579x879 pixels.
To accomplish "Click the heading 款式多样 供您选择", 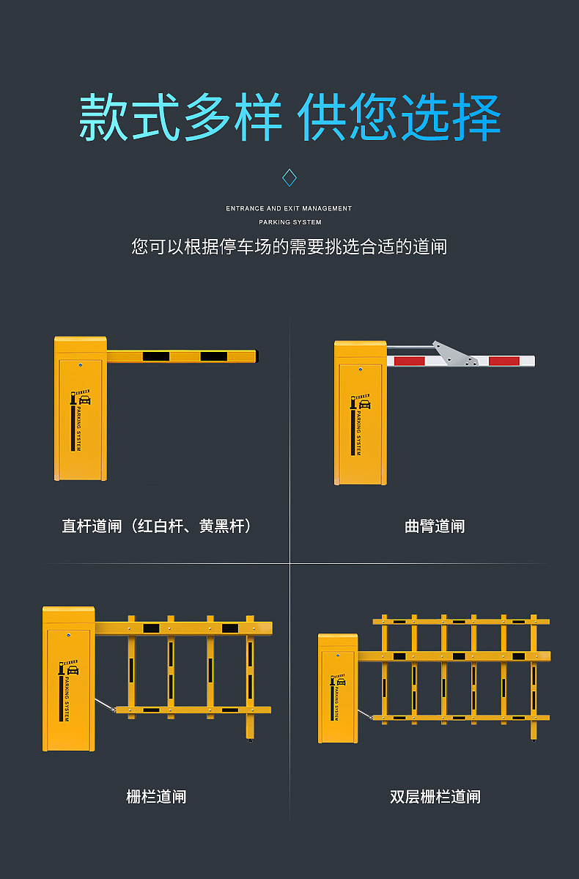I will (289, 117).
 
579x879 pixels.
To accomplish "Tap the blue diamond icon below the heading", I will (289, 177).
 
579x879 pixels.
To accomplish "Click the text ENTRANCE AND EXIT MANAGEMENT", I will (289, 208).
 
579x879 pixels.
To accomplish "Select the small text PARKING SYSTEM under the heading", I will (289, 221).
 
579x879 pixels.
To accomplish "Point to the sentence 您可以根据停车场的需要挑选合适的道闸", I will (289, 246).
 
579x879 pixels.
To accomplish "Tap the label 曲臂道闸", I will (435, 526).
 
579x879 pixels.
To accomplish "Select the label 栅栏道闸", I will (156, 796).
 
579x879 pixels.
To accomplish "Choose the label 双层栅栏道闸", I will (435, 796).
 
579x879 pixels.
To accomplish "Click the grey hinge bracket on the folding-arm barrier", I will (456, 354).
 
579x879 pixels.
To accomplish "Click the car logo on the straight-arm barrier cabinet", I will (84, 400).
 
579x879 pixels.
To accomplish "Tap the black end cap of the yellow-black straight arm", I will (257, 356).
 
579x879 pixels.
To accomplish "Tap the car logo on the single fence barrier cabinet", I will (72, 669).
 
